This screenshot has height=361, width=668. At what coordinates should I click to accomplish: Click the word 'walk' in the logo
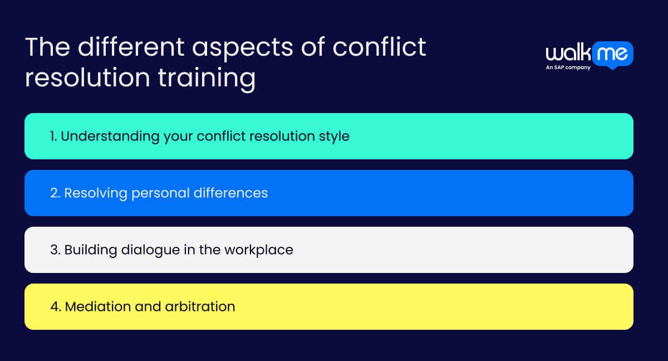pyautogui.click(x=567, y=53)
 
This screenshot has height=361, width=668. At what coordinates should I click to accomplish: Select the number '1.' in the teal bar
pyautogui.click(x=53, y=136)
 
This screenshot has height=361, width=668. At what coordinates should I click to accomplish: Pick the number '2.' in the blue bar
pyautogui.click(x=55, y=193)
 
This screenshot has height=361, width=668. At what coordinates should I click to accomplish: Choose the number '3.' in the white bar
pyautogui.click(x=55, y=250)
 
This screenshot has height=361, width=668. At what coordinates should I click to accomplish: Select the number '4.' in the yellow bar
pyautogui.click(x=56, y=306)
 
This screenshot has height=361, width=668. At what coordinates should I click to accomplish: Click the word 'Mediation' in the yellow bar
pyautogui.click(x=97, y=306)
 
